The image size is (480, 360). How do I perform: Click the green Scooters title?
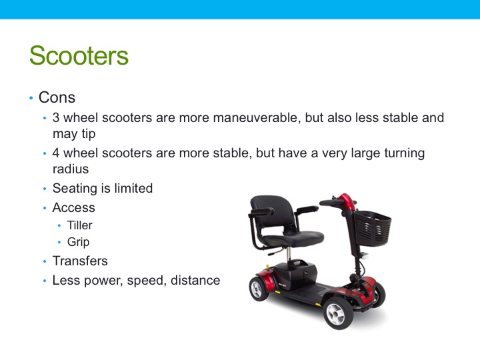(x=79, y=55)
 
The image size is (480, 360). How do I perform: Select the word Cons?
(x=57, y=97)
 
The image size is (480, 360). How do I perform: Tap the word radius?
(x=71, y=169)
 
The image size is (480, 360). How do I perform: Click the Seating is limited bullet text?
(x=103, y=189)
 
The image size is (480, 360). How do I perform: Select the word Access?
(x=74, y=208)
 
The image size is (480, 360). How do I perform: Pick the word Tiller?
(x=80, y=225)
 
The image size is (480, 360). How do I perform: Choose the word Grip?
(x=78, y=243)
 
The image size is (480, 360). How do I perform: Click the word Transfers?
(x=80, y=261)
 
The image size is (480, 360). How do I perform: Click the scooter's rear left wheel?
(x=258, y=289)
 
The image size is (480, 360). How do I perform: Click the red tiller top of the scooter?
(x=345, y=200)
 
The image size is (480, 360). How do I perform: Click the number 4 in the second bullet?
(x=56, y=153)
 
